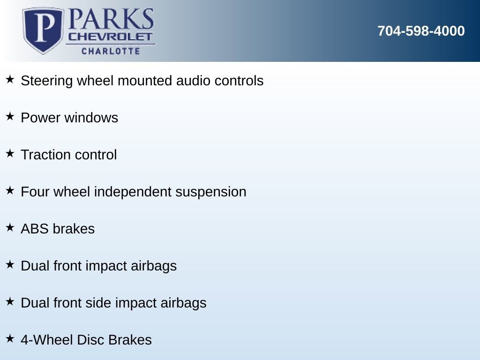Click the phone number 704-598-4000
pos(421,31)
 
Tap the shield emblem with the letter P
pos(43,30)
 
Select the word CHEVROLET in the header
pos(111,37)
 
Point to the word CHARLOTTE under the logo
pos(111,51)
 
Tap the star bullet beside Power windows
pos(10,116)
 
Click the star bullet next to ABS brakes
pos(10,227)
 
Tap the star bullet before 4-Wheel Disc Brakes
pos(10,338)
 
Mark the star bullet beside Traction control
pos(10,153)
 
